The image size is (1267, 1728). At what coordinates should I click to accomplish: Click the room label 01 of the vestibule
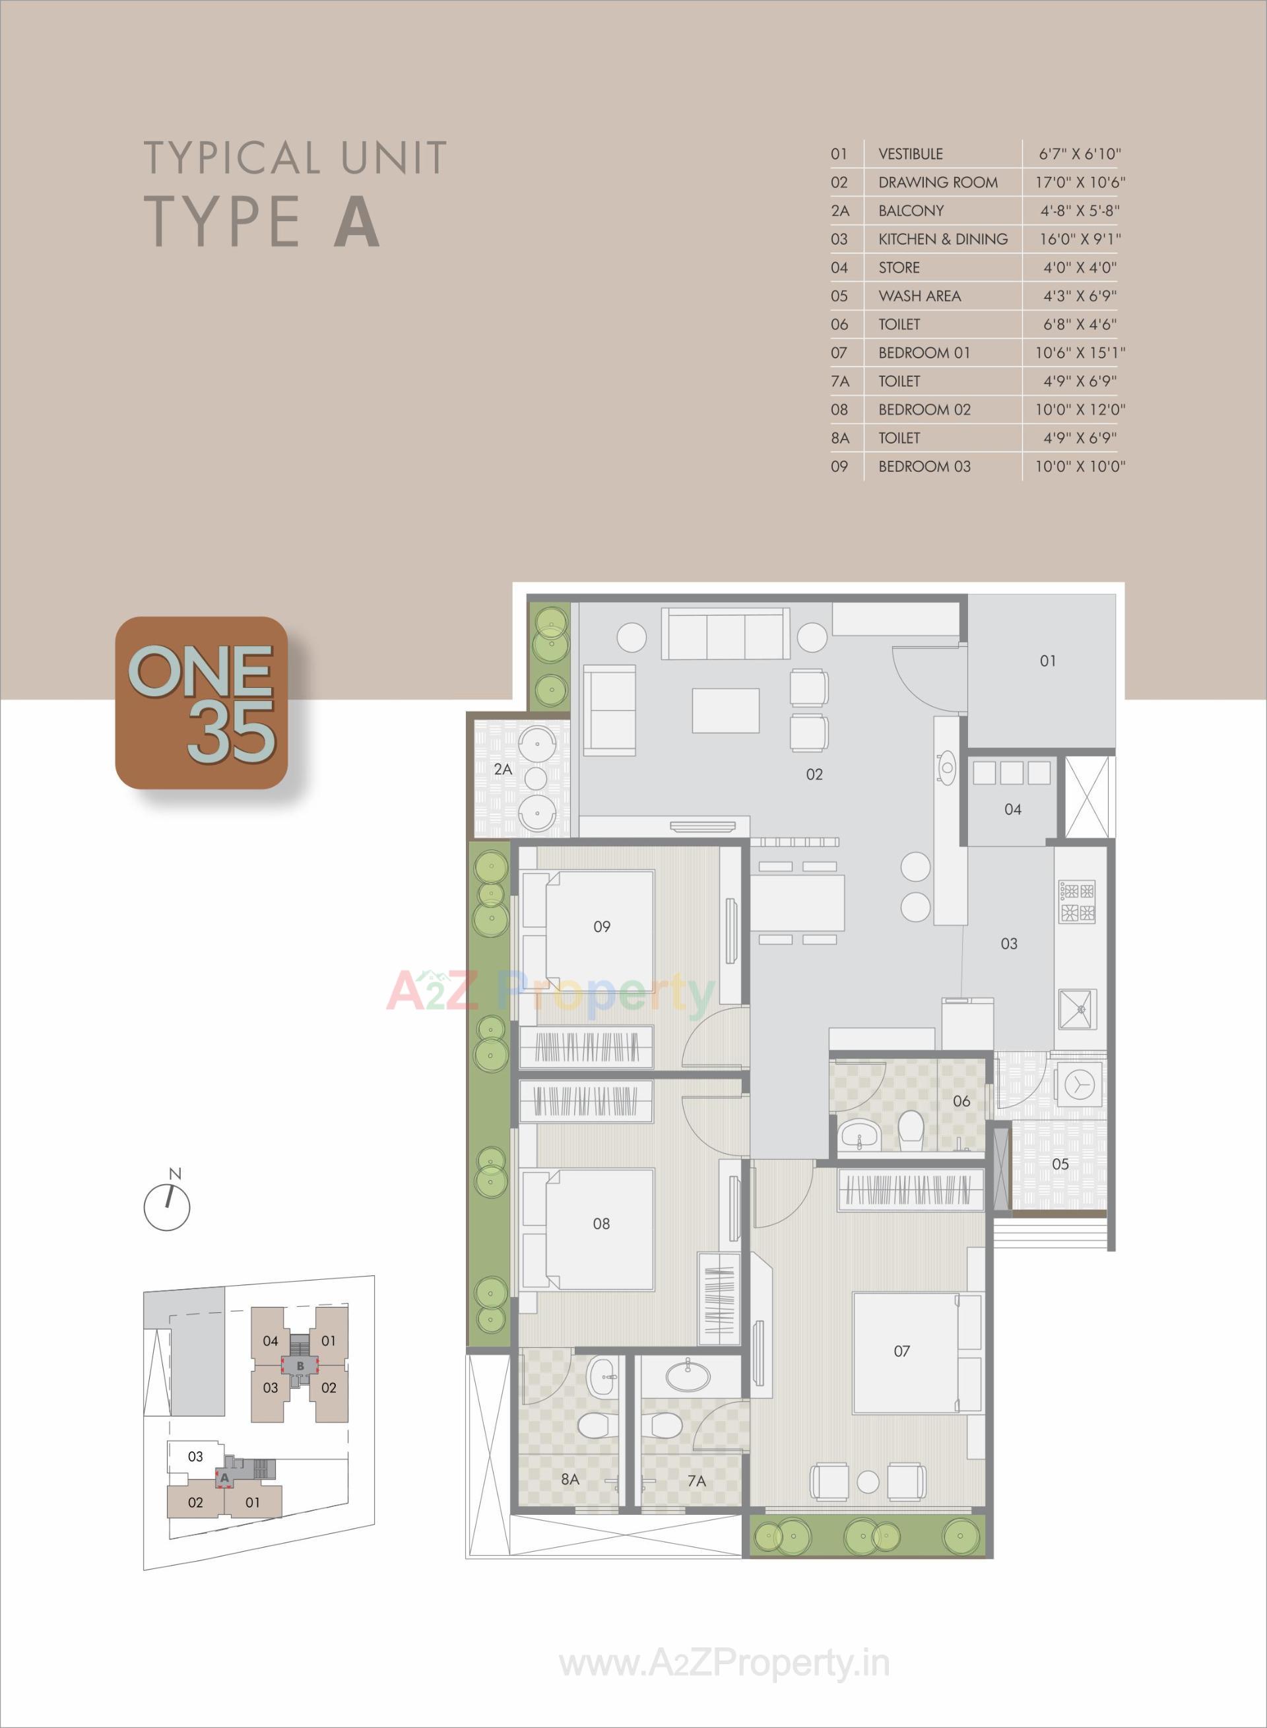click(1048, 660)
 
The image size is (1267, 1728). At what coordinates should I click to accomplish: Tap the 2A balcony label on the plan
click(502, 768)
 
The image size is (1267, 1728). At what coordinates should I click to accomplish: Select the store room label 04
click(1012, 809)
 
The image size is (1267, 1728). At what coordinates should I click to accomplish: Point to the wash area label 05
click(1060, 1164)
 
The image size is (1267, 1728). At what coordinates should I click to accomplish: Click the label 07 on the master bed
click(901, 1350)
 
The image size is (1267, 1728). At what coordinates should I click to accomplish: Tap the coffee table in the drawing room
click(725, 710)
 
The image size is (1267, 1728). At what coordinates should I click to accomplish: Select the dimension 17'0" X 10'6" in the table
click(1080, 183)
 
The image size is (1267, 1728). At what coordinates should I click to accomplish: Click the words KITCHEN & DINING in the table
click(942, 240)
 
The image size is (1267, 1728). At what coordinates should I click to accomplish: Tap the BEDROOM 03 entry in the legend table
click(924, 466)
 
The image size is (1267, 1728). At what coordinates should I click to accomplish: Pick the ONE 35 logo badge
click(201, 702)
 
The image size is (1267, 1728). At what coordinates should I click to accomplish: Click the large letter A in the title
click(356, 222)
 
